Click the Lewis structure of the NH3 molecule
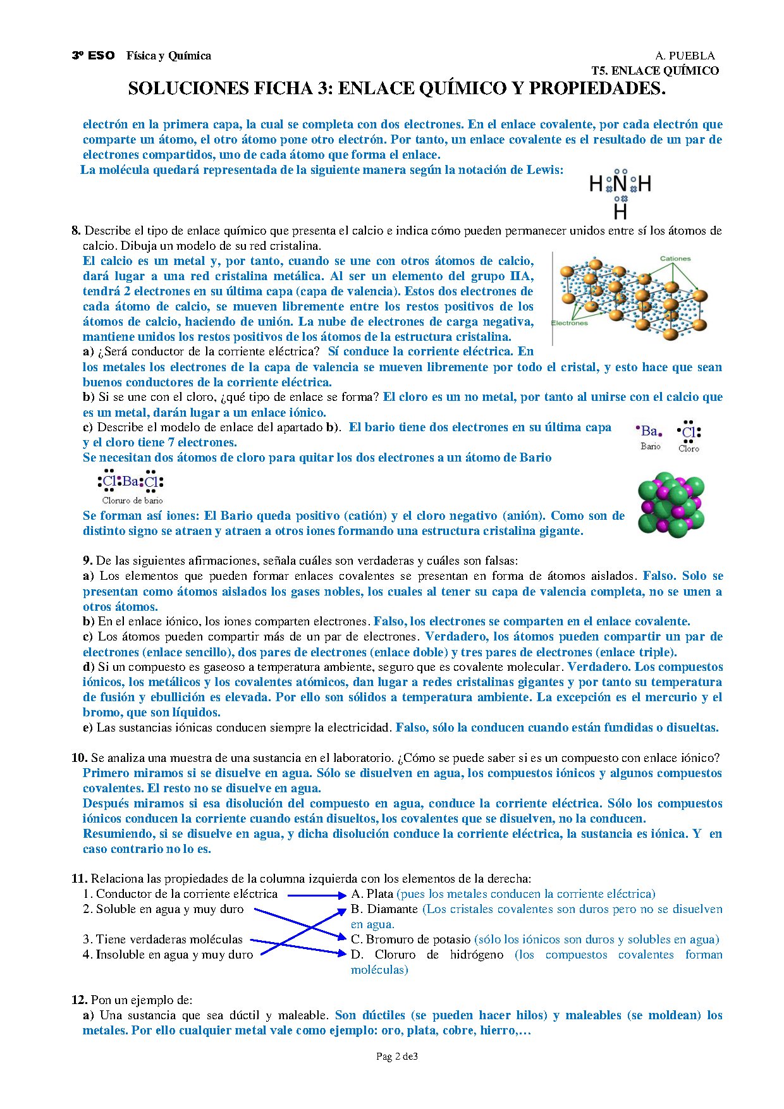[x=620, y=193]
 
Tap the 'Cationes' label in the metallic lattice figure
[x=675, y=259]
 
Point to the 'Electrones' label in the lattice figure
[x=569, y=323]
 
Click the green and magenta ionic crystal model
[x=671, y=505]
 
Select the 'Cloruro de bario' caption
[x=133, y=501]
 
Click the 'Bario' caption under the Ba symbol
[x=650, y=446]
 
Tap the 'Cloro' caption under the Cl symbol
[x=689, y=448]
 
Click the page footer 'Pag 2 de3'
[x=396, y=1057]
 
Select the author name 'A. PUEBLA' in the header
[x=685, y=56]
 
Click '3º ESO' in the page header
[x=93, y=56]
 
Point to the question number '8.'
[x=76, y=231]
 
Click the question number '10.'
[x=79, y=758]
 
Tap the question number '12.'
[x=79, y=1000]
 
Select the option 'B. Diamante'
[x=384, y=909]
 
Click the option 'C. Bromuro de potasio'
[x=410, y=940]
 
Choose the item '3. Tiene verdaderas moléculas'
[x=162, y=940]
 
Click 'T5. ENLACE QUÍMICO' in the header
[x=655, y=71]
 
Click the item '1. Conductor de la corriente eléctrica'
[x=180, y=894]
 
